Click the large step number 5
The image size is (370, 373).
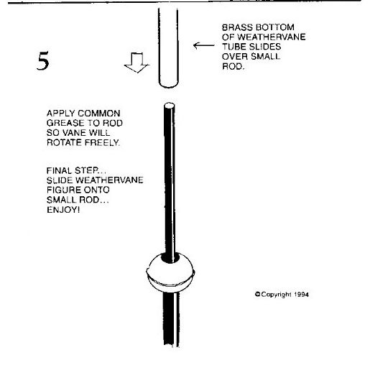(43, 60)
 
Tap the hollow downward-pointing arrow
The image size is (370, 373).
(137, 63)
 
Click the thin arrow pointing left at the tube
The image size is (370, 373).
(204, 45)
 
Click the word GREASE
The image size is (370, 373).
(65, 123)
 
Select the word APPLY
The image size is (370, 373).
(61, 113)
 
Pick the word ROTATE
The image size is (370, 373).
(64, 142)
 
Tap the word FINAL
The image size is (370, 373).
(59, 170)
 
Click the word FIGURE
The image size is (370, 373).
(61, 190)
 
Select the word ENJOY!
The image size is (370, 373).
(63, 210)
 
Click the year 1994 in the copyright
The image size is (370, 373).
(301, 295)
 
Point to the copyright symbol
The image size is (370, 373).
(258, 294)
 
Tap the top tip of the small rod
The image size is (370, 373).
(170, 105)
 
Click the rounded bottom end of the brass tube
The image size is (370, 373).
(168, 84)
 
